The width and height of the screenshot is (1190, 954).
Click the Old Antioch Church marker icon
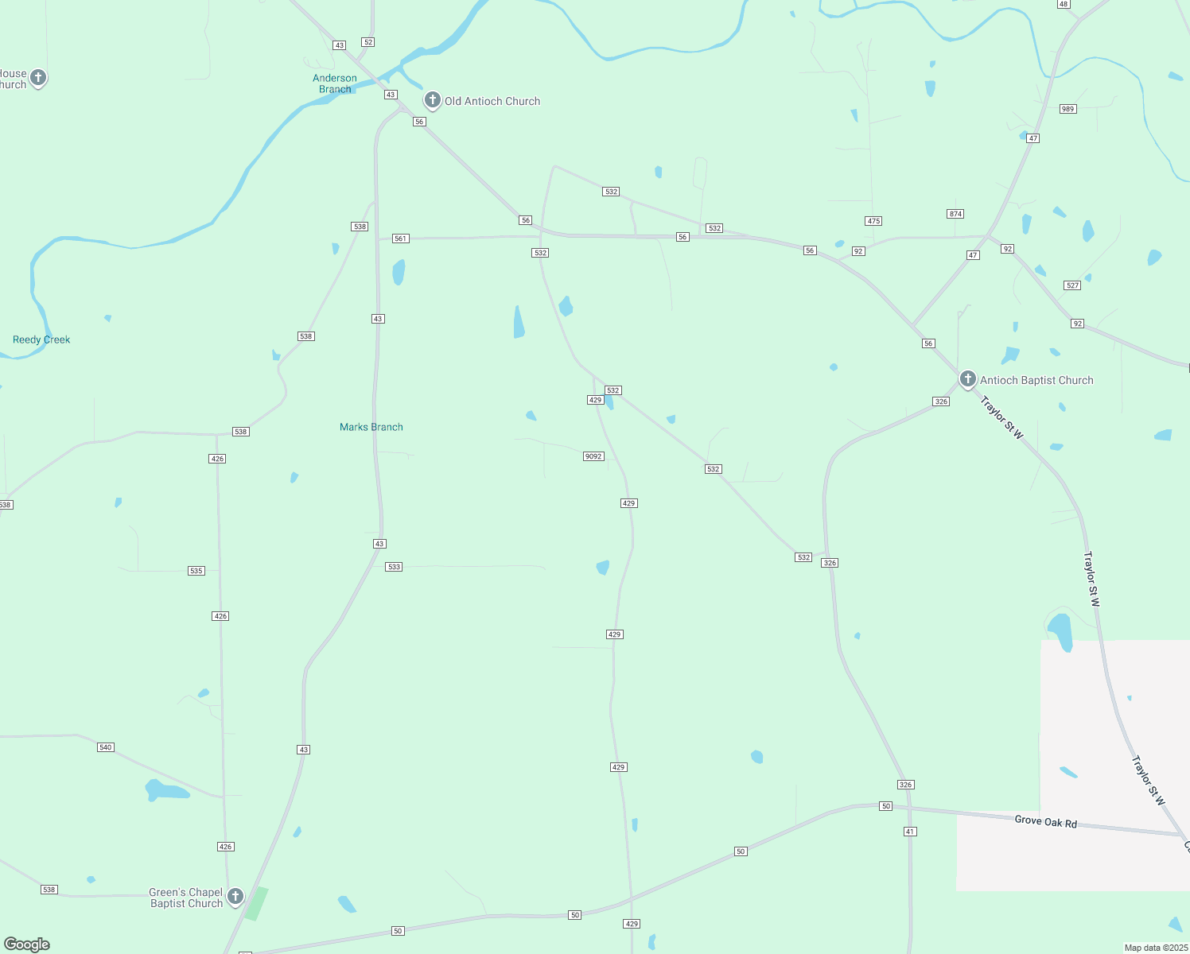pyautogui.click(x=432, y=100)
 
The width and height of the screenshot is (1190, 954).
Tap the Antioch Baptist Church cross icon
pyautogui.click(x=967, y=379)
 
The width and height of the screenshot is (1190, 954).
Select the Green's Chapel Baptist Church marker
pyautogui.click(x=235, y=897)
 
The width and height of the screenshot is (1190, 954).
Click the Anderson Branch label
pyautogui.click(x=335, y=83)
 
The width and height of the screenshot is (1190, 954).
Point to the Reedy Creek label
pyautogui.click(x=41, y=339)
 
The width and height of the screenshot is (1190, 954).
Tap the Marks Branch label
pyautogui.click(x=371, y=427)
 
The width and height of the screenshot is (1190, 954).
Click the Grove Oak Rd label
pyautogui.click(x=1045, y=821)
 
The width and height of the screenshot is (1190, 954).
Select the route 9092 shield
pyautogui.click(x=593, y=456)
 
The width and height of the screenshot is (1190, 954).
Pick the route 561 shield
pyautogui.click(x=400, y=238)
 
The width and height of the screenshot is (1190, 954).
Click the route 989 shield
pyautogui.click(x=1067, y=109)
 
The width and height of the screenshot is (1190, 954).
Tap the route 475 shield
pyautogui.click(x=873, y=221)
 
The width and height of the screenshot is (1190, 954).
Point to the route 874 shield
pyautogui.click(x=955, y=214)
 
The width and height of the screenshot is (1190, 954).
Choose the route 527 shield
pyautogui.click(x=1072, y=285)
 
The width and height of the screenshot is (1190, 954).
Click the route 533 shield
pyautogui.click(x=394, y=567)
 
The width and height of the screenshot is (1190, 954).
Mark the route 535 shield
pyautogui.click(x=196, y=571)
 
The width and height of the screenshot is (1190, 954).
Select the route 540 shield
pyautogui.click(x=106, y=747)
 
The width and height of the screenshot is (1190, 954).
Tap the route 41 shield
pyautogui.click(x=910, y=832)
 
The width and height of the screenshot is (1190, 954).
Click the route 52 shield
pyautogui.click(x=367, y=42)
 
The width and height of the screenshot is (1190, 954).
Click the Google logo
pyautogui.click(x=27, y=944)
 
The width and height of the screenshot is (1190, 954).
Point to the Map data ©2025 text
pyautogui.click(x=1155, y=948)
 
